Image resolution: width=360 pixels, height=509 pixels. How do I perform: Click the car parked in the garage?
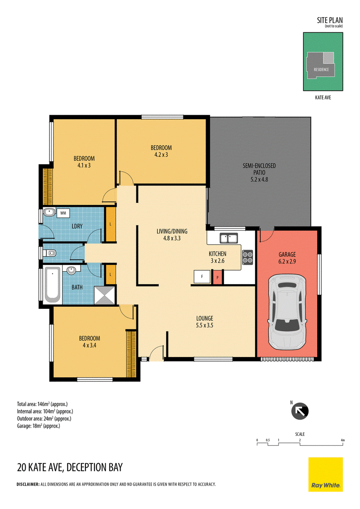coord(287,312)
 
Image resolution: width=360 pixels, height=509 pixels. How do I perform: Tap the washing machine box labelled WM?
coord(63,213)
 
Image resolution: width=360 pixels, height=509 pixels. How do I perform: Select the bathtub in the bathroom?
coord(52,285)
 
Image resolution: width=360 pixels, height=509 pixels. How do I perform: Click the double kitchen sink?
coord(229,238)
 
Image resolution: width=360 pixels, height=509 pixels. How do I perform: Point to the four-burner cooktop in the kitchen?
coord(247,257)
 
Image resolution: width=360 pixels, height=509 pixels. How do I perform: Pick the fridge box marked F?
coord(202,277)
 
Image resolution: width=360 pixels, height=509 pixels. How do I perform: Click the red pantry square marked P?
coord(217,277)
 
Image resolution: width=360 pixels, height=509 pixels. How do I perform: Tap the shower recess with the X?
coord(104,295)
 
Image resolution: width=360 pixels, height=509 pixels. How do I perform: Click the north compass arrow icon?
coord(300,411)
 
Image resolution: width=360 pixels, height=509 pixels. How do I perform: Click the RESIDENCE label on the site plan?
coord(321,69)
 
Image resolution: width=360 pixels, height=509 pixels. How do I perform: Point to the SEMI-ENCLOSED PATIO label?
coord(259,169)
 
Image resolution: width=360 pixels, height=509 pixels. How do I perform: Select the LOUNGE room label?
coord(205,318)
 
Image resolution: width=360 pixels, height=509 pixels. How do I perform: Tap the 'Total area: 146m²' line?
coord(42,404)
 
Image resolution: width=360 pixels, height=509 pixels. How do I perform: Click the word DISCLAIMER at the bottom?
coord(28,484)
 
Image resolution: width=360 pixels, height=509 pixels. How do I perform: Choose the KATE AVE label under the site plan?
coord(323,98)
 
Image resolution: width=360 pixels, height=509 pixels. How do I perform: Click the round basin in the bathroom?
coord(71,270)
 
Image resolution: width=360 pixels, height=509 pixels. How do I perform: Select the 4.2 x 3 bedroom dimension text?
coord(161,155)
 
